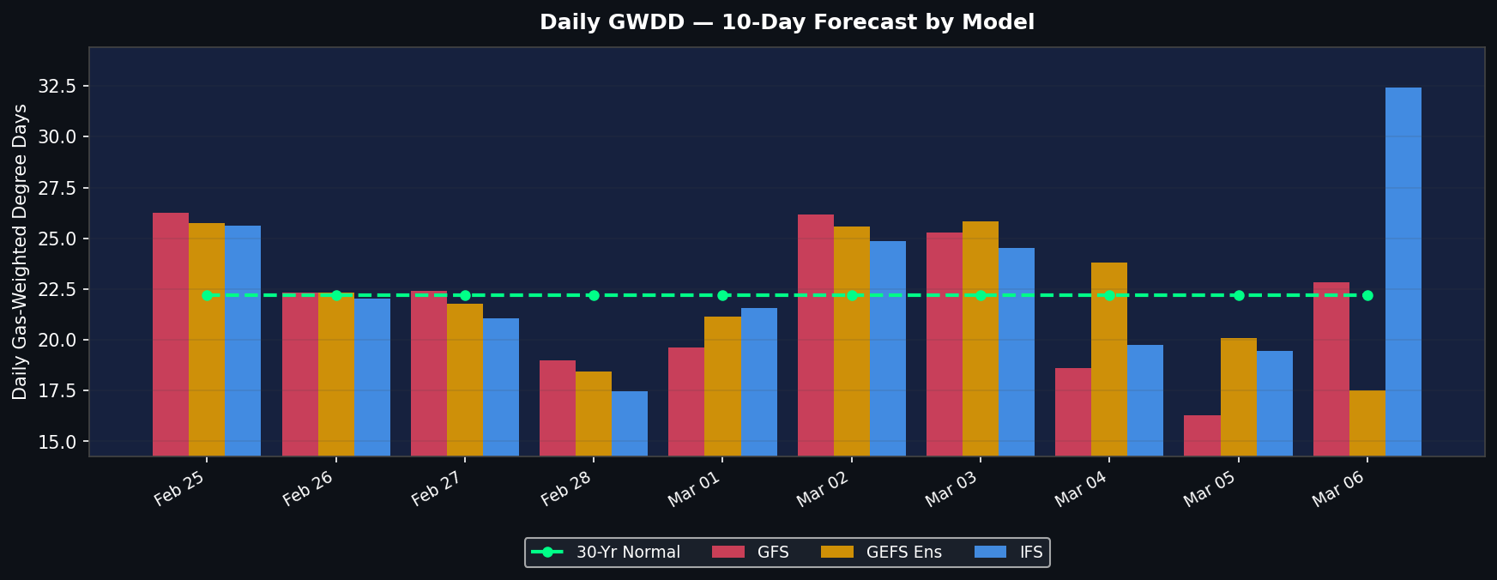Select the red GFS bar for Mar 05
pyautogui.click(x=1202, y=435)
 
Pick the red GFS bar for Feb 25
pyautogui.click(x=171, y=334)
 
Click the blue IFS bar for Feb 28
pyautogui.click(x=630, y=423)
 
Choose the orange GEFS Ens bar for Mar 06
pyautogui.click(x=1367, y=423)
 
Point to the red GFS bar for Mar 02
pyautogui.click(x=815, y=335)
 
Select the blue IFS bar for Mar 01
pyautogui.click(x=758, y=382)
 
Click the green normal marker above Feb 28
pyautogui.click(x=594, y=295)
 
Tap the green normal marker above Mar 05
pyautogui.click(x=1239, y=295)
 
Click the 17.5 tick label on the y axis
pyautogui.click(x=57, y=391)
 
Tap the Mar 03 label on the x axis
pyautogui.click(x=951, y=488)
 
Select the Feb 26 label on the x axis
pyautogui.click(x=307, y=488)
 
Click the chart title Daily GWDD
pyautogui.click(x=787, y=22)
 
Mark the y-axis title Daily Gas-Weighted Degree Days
pyautogui.click(x=21, y=251)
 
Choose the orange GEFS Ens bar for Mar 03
pyautogui.click(x=980, y=338)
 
